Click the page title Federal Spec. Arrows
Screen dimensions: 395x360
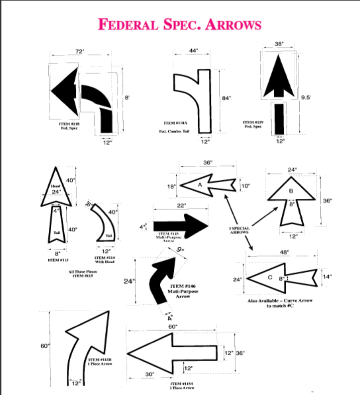pos(179,25)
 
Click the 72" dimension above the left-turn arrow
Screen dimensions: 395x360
pos(80,52)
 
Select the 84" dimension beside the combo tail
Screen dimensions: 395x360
pos(226,99)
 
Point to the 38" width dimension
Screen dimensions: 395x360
pos(279,44)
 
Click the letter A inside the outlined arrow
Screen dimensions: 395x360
pos(200,185)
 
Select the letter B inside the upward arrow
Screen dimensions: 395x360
pos(291,191)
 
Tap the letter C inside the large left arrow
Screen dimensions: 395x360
pos(270,278)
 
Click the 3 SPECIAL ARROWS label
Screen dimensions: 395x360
pos(239,230)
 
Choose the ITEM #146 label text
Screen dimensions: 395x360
pos(183,286)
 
